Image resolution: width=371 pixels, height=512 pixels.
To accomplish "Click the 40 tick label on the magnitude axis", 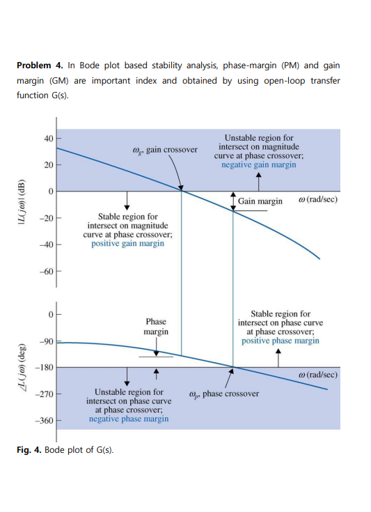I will pos(47,138).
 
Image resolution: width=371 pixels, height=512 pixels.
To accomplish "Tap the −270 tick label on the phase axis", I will pos(45,394).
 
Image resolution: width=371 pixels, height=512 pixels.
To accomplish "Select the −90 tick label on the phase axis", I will pos(47,341).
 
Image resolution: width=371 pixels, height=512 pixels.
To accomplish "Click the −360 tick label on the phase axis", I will pos(45,421).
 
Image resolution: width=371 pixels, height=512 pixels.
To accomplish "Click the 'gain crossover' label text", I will pos(164,150).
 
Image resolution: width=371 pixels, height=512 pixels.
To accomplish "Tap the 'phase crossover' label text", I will pos(223,394).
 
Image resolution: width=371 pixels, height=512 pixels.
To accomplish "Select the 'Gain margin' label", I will pos(260,201).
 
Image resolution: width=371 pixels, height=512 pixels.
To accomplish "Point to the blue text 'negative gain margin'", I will pos(258,165).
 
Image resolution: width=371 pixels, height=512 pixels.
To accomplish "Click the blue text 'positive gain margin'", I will pos(127,244).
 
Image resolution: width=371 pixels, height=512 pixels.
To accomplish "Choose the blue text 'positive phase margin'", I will pos(281,341).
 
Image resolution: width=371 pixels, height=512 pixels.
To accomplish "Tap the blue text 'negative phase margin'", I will pos(128,419).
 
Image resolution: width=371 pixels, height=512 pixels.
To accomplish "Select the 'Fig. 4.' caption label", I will pos(29,449).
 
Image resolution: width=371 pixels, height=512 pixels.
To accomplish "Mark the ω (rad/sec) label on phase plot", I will pos(317,375).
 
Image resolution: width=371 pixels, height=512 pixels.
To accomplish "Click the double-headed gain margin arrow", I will pos(233,201).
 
